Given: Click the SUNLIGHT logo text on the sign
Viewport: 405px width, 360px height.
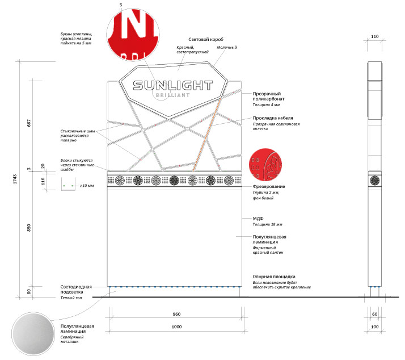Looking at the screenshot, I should pos(172,86).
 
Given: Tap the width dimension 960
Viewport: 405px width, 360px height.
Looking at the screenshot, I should pos(176,314).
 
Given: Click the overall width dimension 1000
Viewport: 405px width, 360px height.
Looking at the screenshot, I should pos(176,326).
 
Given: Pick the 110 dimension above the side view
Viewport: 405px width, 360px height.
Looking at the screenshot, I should pos(374,36).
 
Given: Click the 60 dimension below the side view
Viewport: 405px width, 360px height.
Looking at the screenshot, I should pos(374,314).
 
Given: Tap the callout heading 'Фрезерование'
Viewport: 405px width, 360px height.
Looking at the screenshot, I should pos(269,187).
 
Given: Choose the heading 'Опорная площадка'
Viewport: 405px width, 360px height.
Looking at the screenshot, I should pos(273,277).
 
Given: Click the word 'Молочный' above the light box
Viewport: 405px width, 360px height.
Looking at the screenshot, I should pos(226,47).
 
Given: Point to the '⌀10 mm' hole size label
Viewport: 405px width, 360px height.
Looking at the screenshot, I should pos(87,186).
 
